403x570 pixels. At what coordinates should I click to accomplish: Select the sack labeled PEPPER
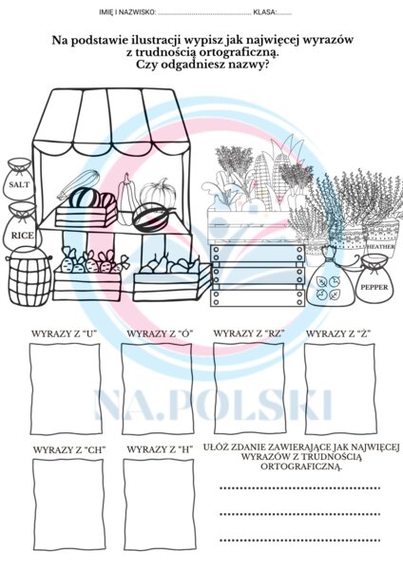(x=374, y=283)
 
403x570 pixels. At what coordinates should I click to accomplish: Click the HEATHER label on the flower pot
(x=379, y=245)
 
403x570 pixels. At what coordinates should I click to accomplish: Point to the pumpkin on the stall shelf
(x=158, y=196)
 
